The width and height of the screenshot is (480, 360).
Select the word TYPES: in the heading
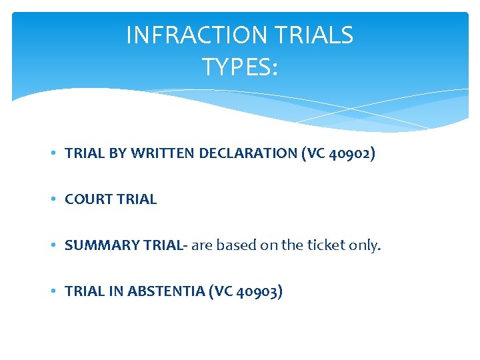tap(239, 67)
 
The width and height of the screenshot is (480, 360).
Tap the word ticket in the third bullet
tap(327, 245)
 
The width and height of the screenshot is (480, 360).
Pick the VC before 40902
tap(317, 153)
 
